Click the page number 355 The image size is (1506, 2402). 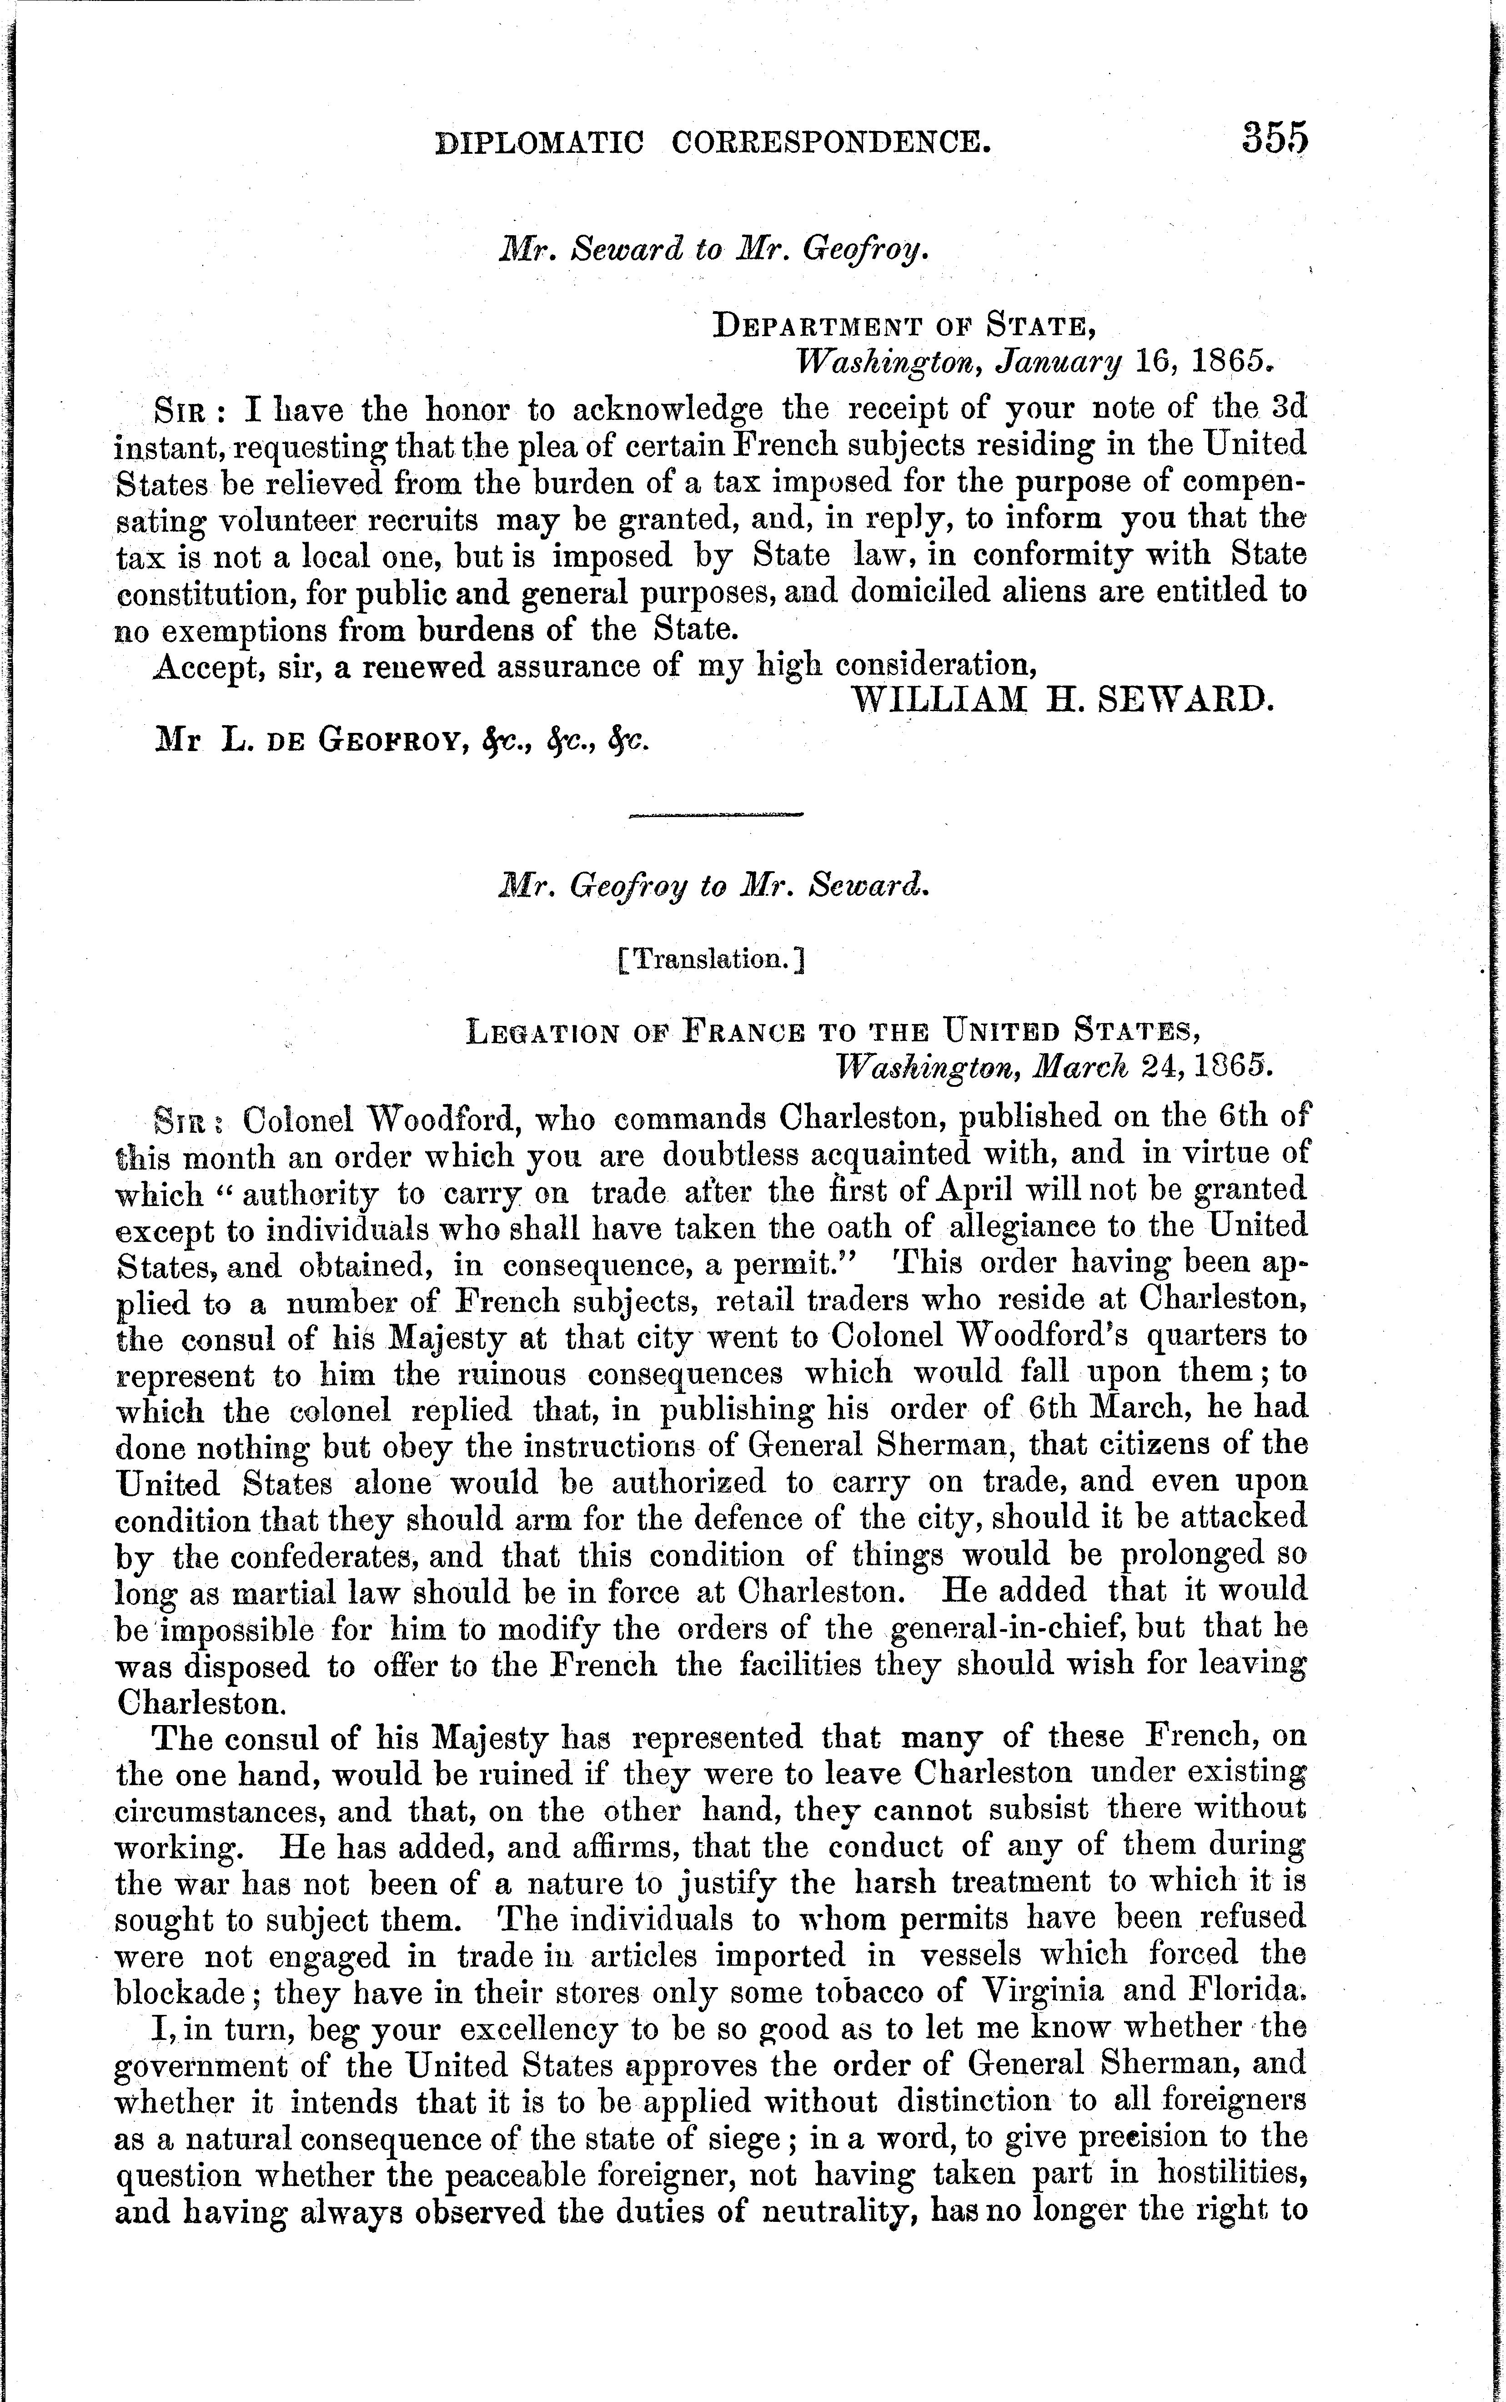tap(1273, 137)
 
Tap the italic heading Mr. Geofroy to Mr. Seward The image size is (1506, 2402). tap(713, 887)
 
